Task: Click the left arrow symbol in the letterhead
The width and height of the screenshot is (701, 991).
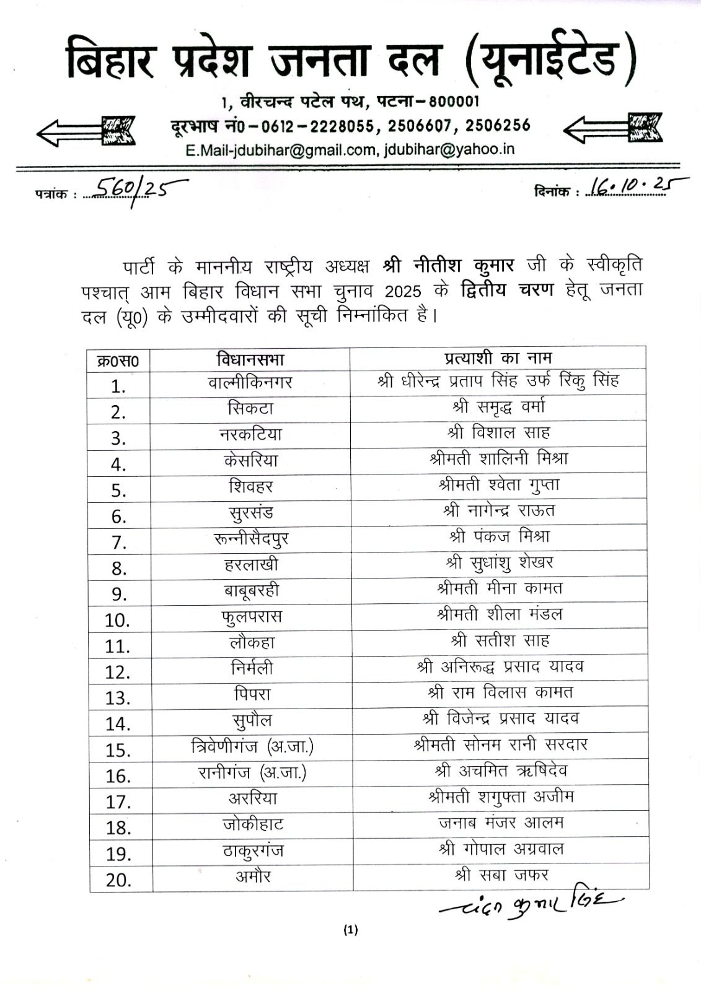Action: [86, 131]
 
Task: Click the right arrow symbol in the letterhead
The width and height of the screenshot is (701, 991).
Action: [612, 129]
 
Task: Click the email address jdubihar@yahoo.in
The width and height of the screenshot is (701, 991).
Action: [449, 149]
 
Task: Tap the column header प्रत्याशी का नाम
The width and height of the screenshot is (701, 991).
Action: [498, 357]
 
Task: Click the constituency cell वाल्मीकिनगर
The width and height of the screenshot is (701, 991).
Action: [250, 383]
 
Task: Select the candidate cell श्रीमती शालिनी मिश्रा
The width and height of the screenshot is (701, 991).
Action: [499, 459]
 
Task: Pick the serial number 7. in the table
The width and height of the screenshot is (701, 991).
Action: [119, 543]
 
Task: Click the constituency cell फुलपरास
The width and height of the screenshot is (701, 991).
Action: [251, 616]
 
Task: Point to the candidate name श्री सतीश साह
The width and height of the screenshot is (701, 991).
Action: [500, 640]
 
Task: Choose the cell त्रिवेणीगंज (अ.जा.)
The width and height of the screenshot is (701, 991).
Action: [252, 747]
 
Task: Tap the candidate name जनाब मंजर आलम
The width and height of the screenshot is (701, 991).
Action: [501, 823]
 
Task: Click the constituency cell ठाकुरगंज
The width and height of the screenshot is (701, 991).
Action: [253, 850]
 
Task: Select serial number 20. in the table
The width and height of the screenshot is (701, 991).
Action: [119, 880]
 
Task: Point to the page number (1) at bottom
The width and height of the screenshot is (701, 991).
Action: [350, 929]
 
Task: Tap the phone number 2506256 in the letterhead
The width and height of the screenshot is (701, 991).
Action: [498, 126]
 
